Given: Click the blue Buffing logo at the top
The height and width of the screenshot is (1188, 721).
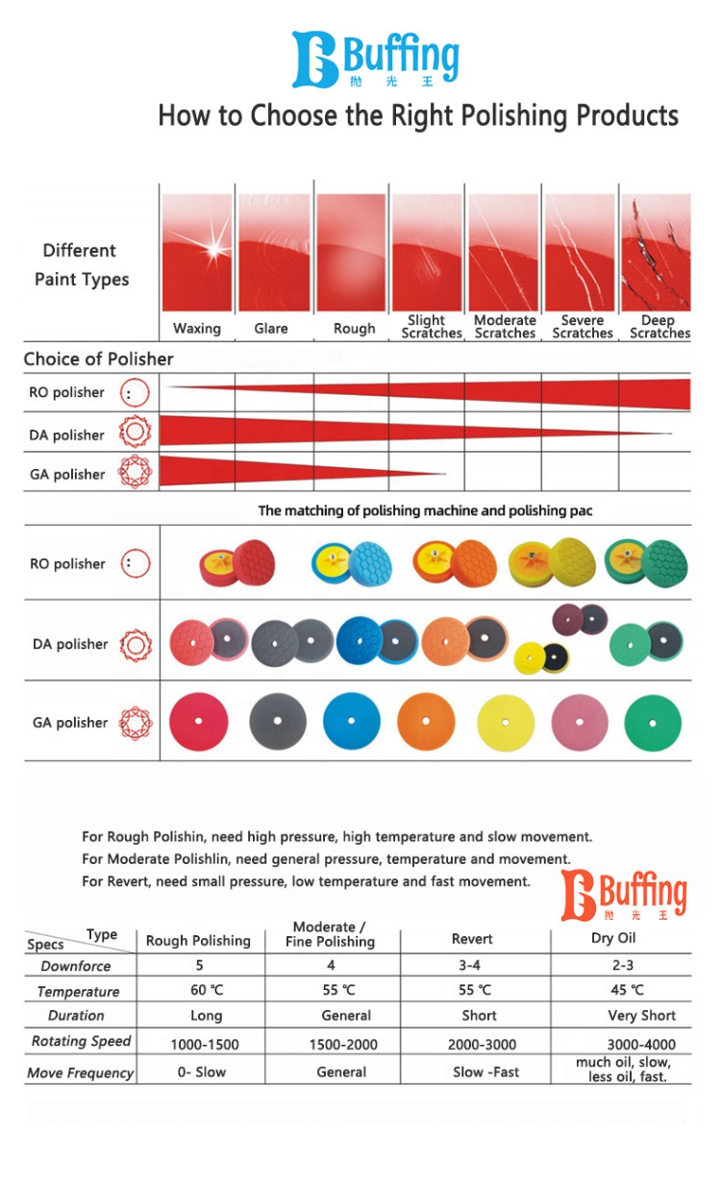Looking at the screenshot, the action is point(375,59).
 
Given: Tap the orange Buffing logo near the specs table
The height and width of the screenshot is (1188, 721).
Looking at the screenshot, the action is point(624,895).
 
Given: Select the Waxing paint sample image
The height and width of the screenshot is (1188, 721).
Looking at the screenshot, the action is point(197,253).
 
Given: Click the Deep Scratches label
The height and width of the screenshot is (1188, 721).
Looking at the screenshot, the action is point(659,327).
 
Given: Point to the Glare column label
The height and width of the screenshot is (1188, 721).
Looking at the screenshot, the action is point(271,329).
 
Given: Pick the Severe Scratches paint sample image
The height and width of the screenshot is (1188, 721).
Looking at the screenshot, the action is point(580,253).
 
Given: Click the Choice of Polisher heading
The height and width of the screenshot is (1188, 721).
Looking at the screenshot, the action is point(99,359).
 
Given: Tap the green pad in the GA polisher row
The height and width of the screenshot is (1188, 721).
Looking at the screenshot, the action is point(653,723).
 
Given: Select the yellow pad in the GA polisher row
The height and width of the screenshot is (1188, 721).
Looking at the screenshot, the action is point(506,723).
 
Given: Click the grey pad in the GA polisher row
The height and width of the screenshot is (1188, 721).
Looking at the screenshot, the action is point(278,721).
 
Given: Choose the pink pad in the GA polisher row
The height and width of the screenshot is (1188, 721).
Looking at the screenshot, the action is point(580,723).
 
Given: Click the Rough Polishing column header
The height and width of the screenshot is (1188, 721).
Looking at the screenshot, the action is point(198,941).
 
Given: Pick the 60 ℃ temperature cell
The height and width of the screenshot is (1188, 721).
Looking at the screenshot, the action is point(207,990).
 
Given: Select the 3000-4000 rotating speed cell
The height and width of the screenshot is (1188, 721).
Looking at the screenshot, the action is point(641,1044).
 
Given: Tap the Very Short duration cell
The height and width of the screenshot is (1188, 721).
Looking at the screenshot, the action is point(642,1016).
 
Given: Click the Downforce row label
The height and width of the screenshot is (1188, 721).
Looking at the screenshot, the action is point(76,966).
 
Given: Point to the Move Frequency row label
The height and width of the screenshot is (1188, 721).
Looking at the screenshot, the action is point(81,1073).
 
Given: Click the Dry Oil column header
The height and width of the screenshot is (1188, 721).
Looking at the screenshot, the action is point(613,938).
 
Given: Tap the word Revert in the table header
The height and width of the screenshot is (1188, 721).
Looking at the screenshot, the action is point(472,939).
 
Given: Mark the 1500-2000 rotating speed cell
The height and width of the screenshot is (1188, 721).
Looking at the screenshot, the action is point(343,1044).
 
